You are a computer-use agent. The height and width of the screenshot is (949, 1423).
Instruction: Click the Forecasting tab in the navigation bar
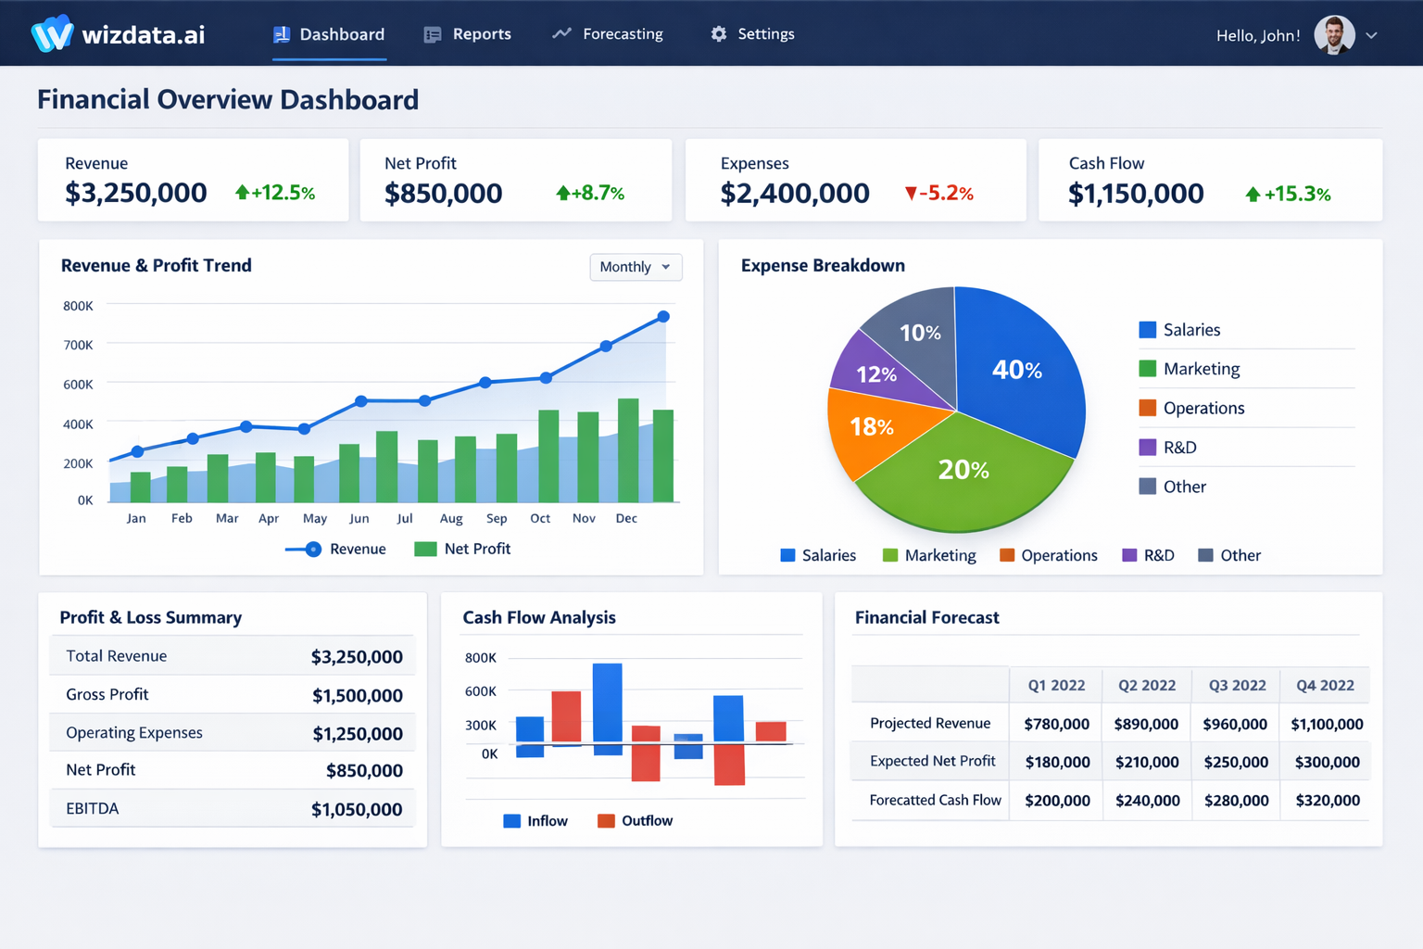[x=609, y=34]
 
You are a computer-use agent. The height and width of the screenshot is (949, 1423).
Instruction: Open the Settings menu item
[x=752, y=34]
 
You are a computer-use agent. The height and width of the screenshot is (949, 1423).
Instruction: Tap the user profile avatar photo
[x=1334, y=35]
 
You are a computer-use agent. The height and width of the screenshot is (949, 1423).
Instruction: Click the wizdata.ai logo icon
[x=52, y=34]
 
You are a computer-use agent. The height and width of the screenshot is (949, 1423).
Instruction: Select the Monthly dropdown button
[x=636, y=267]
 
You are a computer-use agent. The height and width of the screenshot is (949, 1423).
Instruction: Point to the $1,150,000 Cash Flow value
[x=1136, y=193]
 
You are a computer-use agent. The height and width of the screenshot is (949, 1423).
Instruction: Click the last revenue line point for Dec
[x=663, y=317]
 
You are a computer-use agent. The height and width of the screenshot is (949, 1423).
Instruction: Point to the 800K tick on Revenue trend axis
[x=78, y=306]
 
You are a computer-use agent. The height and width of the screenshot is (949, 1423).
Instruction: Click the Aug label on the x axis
[x=451, y=518]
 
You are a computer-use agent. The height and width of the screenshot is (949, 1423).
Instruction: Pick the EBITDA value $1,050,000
[x=357, y=809]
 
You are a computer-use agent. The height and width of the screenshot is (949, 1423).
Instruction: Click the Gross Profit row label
[x=107, y=694]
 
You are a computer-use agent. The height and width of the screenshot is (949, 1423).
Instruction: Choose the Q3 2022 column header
[x=1237, y=686]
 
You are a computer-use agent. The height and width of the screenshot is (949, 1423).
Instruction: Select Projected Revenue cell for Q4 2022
[x=1327, y=724]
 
